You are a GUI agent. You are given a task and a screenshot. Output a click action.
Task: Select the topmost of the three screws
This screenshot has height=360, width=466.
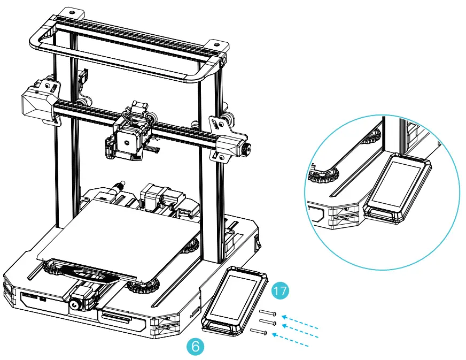coord(268,313)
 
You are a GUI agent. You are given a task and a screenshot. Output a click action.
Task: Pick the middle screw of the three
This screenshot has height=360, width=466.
coord(268,323)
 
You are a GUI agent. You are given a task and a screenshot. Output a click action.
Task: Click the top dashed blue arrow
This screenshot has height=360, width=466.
coord(300,320)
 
